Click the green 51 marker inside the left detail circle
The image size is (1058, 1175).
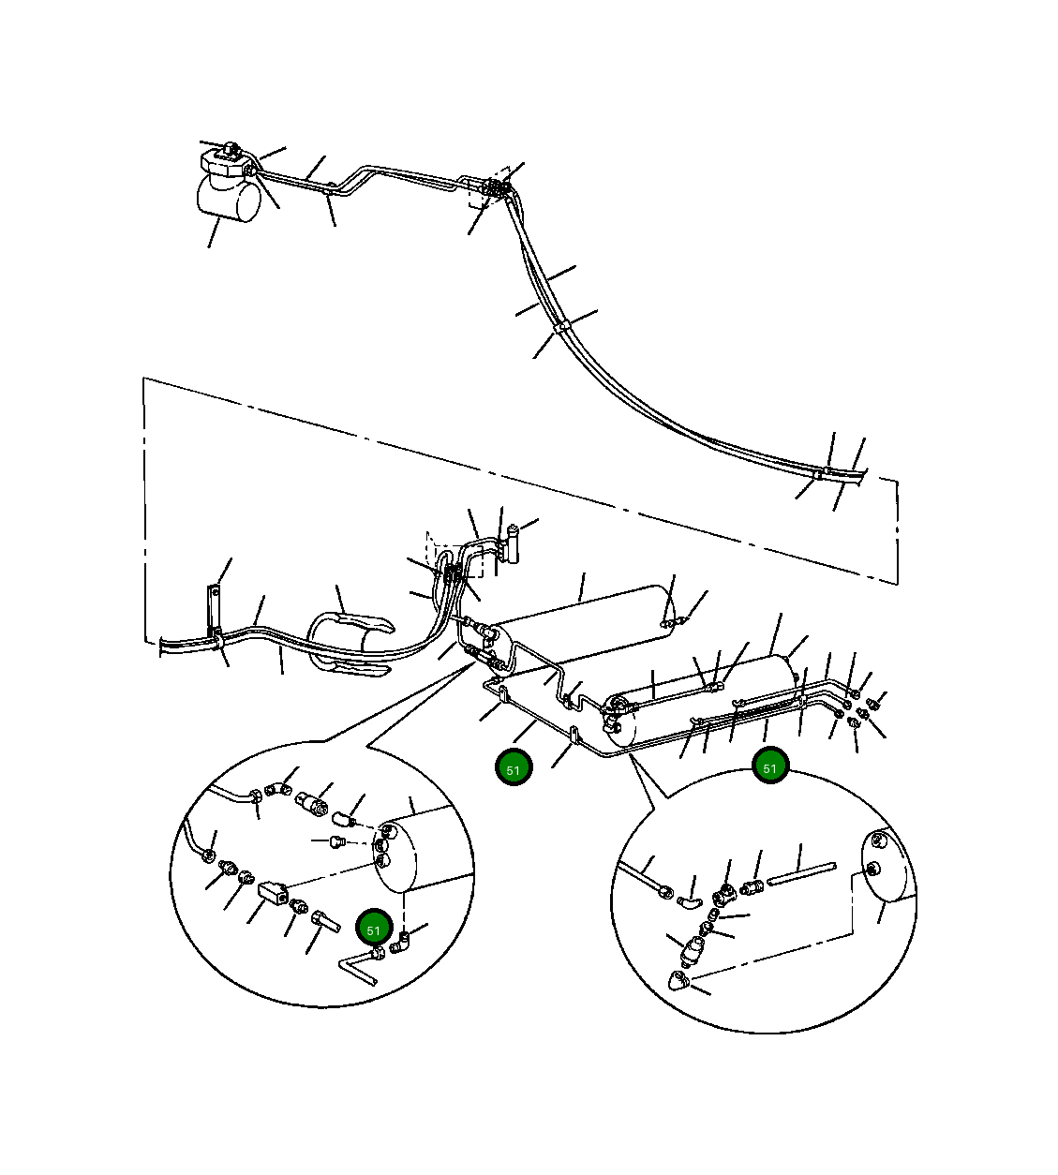(374, 930)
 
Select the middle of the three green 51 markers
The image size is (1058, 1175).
(514, 769)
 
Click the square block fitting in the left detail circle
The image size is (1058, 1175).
(272, 894)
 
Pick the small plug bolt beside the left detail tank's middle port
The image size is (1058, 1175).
(336, 841)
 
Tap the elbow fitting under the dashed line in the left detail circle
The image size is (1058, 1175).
(400, 943)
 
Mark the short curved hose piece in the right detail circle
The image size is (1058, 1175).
(688, 903)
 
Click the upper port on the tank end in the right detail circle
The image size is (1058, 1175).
(876, 840)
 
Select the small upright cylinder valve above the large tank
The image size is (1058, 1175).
(512, 543)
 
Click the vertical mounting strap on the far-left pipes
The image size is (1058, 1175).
(214, 615)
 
